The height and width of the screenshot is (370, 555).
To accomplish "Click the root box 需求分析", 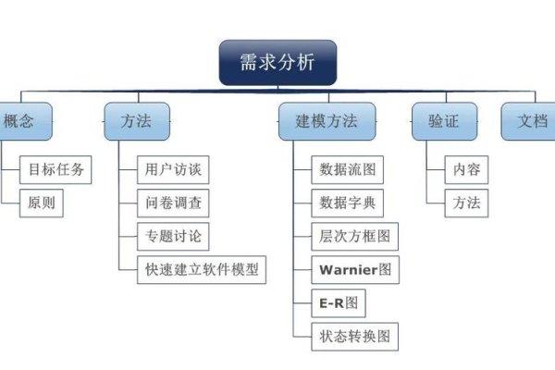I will [277, 62].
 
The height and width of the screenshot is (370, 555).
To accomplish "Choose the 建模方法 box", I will [327, 121].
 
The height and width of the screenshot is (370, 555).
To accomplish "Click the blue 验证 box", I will [443, 121].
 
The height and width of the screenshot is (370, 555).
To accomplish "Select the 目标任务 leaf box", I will [56, 170].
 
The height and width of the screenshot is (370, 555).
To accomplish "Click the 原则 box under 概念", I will [43, 203].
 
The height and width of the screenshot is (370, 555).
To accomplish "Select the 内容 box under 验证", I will [466, 170].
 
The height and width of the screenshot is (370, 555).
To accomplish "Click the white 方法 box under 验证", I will [466, 203].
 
